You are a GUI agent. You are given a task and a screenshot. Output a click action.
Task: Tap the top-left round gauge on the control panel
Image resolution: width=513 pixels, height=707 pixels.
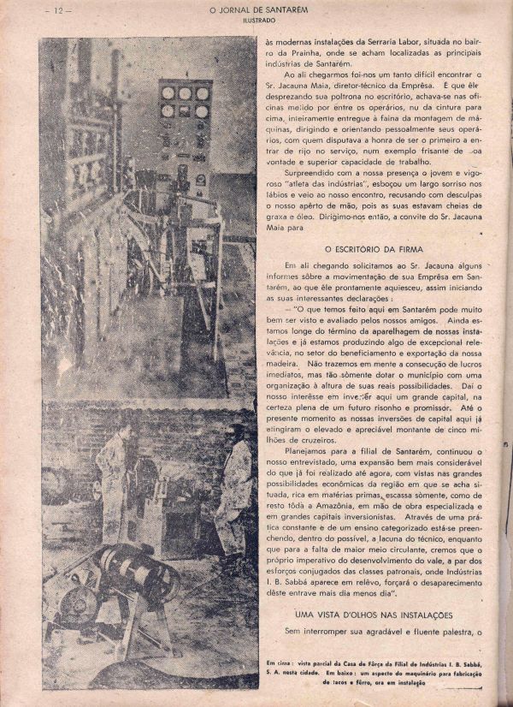[168, 93]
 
